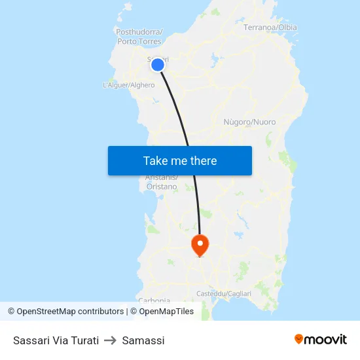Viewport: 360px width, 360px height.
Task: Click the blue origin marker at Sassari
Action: click(157, 64)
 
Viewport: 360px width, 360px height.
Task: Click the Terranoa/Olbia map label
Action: click(270, 27)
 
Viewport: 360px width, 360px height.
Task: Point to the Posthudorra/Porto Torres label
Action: click(139, 37)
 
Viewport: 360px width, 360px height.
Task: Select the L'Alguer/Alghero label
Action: click(129, 85)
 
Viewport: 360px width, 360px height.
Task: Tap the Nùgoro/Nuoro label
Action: click(249, 122)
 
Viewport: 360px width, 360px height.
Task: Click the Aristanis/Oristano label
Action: click(160, 182)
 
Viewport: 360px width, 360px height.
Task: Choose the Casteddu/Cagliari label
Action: click(224, 294)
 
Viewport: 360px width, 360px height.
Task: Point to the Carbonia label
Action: click(154, 300)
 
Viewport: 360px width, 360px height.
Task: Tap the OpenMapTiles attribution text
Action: click(166, 312)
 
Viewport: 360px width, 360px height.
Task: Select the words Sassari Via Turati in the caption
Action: click(56, 340)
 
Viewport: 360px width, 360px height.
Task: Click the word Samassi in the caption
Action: click(143, 340)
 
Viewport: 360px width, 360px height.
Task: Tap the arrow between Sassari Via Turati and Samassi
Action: click(111, 340)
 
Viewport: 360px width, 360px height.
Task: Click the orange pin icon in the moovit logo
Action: click(299, 339)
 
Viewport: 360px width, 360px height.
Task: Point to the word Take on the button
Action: click(156, 160)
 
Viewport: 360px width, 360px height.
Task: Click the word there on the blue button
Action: click(202, 160)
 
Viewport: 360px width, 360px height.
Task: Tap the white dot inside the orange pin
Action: click(200, 243)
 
